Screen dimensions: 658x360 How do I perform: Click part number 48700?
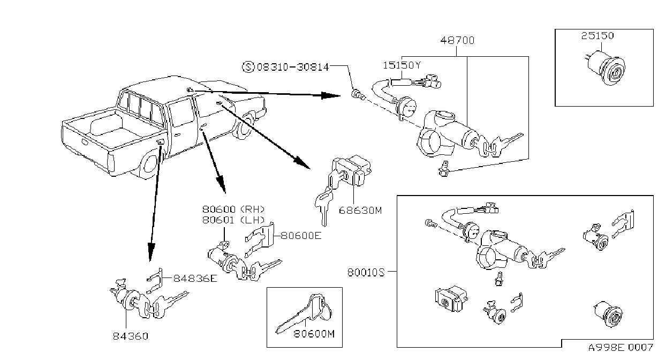tap(457, 40)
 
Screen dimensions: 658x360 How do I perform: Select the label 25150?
tap(598, 36)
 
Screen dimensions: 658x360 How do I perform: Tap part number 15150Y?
tap(402, 65)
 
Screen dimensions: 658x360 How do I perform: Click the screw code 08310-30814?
tap(293, 67)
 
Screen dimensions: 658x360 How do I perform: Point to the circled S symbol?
tap(248, 67)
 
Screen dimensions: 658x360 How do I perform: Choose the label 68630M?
tap(360, 211)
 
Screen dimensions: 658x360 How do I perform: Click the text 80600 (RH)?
tap(233, 209)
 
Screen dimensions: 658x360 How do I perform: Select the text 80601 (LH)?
tap(233, 220)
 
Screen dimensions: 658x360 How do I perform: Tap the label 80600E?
tap(301, 236)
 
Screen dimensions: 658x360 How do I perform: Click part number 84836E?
tap(195, 278)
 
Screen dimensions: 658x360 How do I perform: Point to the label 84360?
tap(131, 336)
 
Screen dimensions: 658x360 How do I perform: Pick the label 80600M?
tap(314, 334)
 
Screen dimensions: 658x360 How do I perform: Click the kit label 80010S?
tap(366, 273)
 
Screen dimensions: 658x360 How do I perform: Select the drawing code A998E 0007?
tap(621, 347)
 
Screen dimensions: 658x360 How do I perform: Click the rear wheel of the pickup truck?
tap(149, 164)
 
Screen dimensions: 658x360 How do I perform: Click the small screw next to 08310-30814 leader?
tap(358, 95)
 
